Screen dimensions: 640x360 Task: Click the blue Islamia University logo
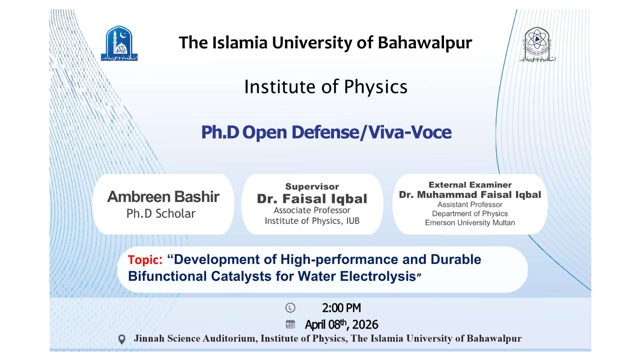point(119,44)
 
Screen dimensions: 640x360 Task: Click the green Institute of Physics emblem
point(538,44)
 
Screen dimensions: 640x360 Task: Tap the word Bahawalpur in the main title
point(425,43)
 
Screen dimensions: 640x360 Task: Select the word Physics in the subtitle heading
point(376,87)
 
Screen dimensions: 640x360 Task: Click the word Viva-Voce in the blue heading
point(410,132)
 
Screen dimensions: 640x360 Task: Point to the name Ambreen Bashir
point(163,196)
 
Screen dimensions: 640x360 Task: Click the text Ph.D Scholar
point(161,214)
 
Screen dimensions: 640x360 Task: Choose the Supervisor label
point(312,186)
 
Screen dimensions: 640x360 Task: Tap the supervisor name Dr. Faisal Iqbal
point(312,199)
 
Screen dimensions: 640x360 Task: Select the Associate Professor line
point(312,210)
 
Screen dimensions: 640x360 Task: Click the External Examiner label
point(470,185)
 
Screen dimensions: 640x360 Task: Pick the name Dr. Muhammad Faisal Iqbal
point(470,195)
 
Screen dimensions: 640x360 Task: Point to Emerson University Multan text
point(470,223)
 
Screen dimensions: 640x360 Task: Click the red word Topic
point(145,260)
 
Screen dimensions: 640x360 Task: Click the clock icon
point(290,308)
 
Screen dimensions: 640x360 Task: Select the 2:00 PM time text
point(342,308)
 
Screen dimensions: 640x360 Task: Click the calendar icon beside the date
point(290,324)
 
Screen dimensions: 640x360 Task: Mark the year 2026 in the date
point(365,325)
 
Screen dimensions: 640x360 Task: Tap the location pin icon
point(122,340)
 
